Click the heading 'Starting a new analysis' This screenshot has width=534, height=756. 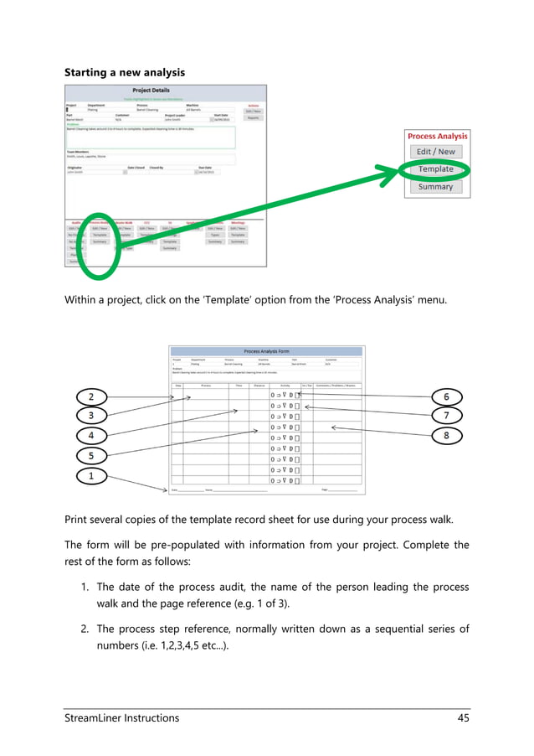[125, 73]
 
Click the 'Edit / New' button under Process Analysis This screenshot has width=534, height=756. [436, 152]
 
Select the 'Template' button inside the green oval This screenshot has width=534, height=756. [436, 169]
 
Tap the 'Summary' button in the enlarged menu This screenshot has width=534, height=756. [436, 187]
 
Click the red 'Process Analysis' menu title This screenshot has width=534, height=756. [437, 136]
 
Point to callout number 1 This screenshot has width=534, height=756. [91, 476]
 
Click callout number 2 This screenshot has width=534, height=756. [91, 396]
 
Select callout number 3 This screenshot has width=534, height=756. [91, 415]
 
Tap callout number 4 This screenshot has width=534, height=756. [91, 436]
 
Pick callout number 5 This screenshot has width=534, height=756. [91, 456]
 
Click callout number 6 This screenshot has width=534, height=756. [446, 396]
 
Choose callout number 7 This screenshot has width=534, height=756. [446, 415]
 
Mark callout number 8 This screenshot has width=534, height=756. [446, 435]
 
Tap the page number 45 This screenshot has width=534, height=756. [463, 718]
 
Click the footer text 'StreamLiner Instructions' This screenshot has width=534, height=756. [122, 718]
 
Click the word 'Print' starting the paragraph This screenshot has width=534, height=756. [78, 519]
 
